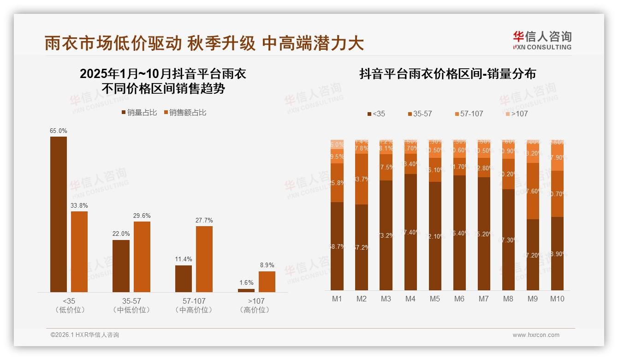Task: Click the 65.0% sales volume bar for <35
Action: click(59, 214)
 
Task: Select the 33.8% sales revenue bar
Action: click(79, 252)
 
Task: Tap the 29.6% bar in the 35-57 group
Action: click(142, 257)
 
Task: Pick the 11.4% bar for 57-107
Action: click(184, 278)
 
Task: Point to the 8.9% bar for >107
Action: click(267, 282)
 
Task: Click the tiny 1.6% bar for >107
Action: click(246, 290)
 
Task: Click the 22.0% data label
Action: click(121, 234)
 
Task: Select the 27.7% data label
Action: click(204, 220)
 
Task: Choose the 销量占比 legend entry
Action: click(139, 113)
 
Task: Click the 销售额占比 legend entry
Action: click(186, 113)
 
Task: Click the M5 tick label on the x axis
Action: click(434, 299)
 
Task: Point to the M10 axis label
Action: click(557, 299)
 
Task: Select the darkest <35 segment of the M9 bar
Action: click(533, 255)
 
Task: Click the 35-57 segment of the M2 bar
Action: click(362, 179)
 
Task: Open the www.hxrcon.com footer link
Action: click(536, 335)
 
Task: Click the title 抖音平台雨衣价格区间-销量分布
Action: click(447, 74)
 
